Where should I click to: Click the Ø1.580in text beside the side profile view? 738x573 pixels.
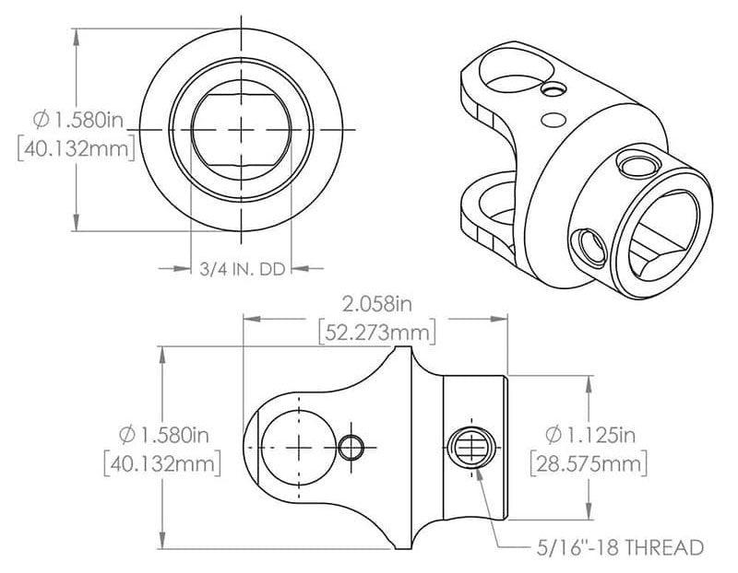[x=163, y=433]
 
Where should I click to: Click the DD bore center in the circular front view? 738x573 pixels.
[x=241, y=130]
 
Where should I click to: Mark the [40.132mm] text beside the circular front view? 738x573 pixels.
[x=77, y=147]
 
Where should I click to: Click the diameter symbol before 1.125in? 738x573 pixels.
[x=553, y=433]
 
